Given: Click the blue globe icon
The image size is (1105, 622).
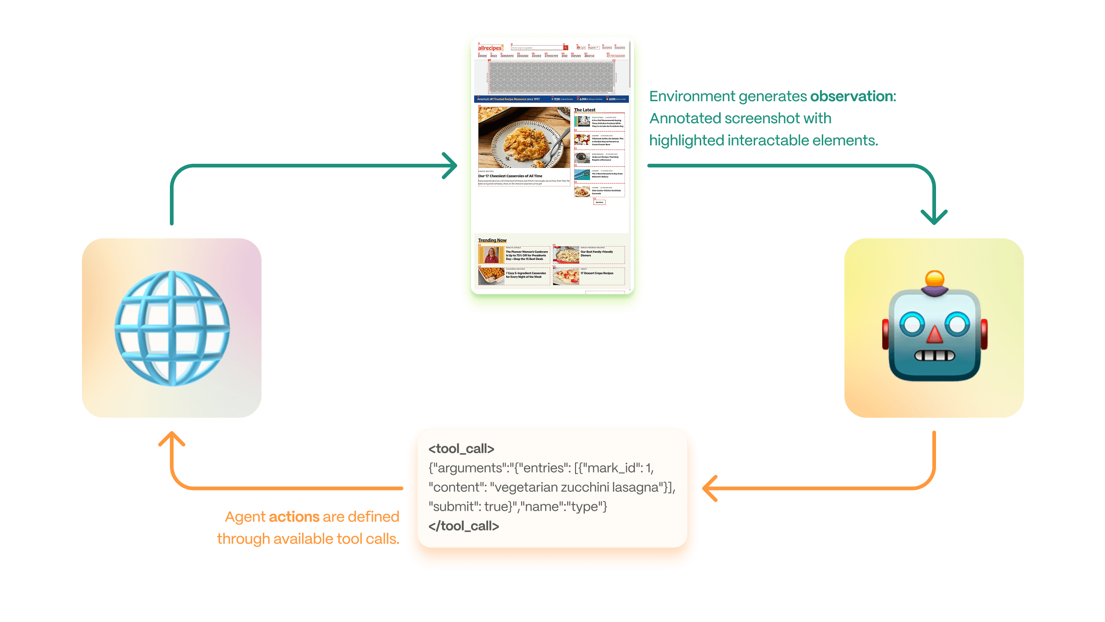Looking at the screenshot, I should [172, 328].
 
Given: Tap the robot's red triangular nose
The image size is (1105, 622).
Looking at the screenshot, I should [935, 335].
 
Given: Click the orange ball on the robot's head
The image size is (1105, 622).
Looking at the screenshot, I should [935, 278].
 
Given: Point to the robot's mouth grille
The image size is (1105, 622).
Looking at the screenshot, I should [935, 356].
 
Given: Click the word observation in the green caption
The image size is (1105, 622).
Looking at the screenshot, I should [853, 96].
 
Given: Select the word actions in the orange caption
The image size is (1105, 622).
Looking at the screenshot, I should [294, 517].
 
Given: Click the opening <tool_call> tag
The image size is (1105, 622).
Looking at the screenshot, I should [461, 449].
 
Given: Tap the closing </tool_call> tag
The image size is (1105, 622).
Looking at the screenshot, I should [463, 526].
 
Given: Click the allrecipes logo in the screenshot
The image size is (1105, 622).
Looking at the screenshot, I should [489, 48].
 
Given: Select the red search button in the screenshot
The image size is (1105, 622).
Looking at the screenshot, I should [565, 48].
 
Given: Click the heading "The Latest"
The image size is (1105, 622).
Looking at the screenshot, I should [584, 110].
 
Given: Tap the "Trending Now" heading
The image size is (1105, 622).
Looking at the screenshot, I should [492, 240].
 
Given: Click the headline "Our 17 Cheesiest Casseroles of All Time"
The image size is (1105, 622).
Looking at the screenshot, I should [510, 176].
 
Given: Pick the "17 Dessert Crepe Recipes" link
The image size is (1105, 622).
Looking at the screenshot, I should [597, 273].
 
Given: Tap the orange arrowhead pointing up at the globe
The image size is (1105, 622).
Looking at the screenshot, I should [172, 438].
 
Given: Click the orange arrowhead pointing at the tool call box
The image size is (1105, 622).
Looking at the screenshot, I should [710, 488].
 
